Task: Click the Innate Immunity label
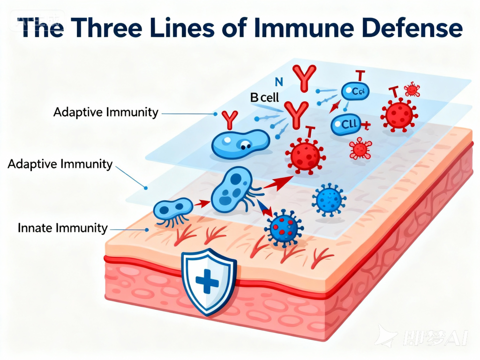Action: [63, 228]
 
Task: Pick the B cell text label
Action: [264, 97]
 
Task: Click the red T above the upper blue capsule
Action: [360, 75]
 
